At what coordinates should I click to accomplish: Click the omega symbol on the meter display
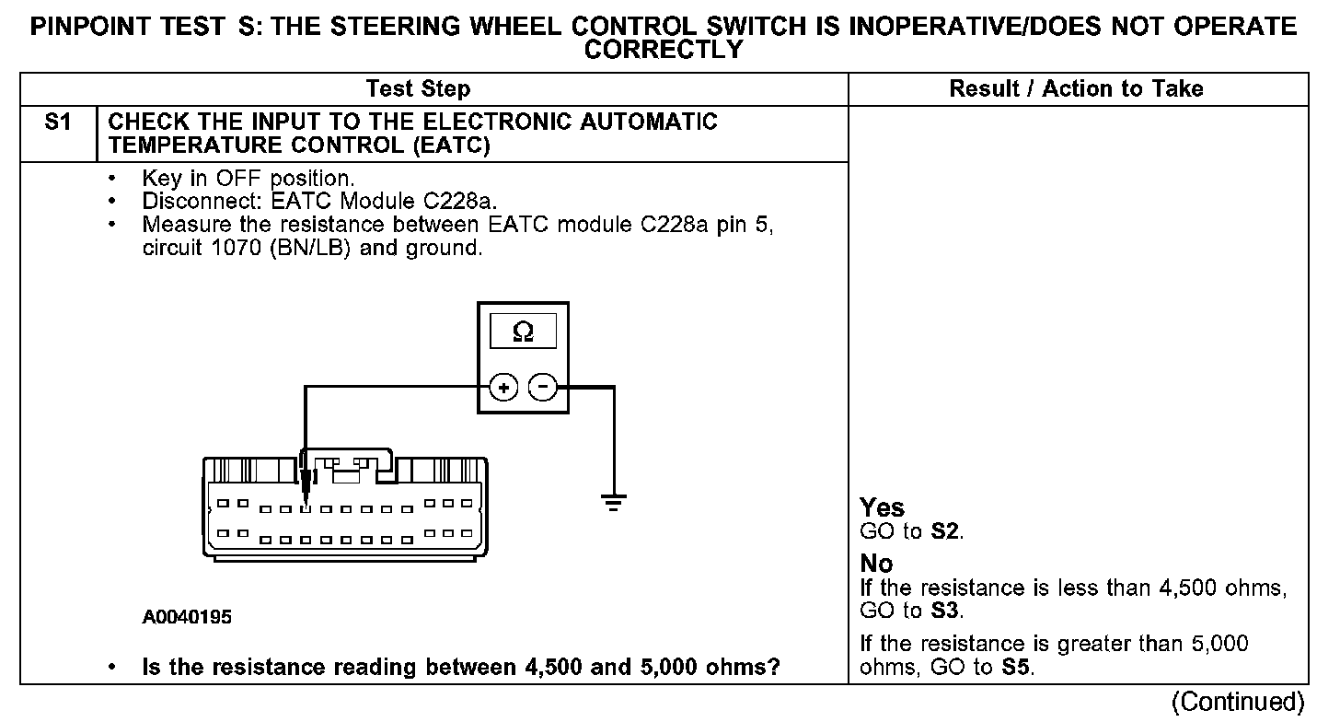pos(523,332)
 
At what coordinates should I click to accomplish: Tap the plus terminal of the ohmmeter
pos(502,388)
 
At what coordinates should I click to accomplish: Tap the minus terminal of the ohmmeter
pos(544,388)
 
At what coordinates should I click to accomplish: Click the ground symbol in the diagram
pos(614,503)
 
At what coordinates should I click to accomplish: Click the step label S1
pos(58,122)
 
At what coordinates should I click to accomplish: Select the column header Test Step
pos(418,88)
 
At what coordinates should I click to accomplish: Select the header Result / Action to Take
pos(1076,88)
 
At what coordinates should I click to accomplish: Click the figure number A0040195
pos(187,617)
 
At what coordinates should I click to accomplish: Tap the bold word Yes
pos(882,507)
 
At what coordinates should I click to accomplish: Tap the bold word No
pos(876,563)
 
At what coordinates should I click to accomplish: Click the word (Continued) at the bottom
pos(1237,702)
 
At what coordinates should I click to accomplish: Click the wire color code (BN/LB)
pos(310,249)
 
